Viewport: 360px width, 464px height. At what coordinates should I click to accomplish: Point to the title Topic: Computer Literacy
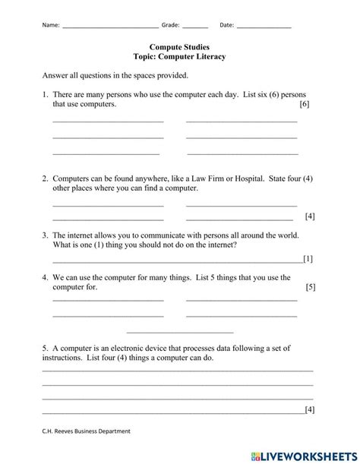[x=179, y=57]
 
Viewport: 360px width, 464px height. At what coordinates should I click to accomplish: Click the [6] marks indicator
[x=305, y=103]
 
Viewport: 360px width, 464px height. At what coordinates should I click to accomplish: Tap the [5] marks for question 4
[x=310, y=287]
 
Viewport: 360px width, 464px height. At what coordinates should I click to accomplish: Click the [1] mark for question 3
[x=308, y=259]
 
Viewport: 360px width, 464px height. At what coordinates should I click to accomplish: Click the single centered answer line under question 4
[x=180, y=332]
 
